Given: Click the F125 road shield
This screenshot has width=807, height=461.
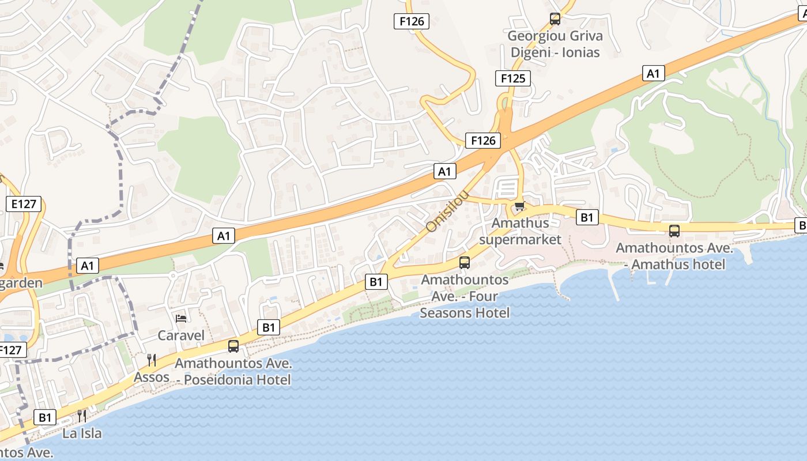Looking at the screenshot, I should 512,78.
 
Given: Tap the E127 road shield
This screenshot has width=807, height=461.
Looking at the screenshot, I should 24,204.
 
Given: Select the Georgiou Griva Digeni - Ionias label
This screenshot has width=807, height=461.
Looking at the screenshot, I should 555,44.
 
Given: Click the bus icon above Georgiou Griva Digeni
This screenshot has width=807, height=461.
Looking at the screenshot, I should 555,19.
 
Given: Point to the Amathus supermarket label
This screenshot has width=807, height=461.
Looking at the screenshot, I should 520,231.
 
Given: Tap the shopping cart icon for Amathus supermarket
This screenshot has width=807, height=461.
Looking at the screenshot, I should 519,206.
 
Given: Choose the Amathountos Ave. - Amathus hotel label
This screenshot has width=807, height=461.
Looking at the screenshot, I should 674,256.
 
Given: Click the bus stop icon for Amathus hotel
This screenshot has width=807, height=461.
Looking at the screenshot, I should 674,231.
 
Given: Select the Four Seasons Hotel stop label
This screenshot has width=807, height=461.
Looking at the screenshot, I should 465,296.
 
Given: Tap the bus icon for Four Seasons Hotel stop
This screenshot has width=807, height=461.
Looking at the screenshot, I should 465,263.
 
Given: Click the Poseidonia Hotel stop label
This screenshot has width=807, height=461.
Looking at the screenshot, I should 233,372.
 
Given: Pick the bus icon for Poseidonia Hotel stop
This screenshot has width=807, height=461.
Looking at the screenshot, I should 233,346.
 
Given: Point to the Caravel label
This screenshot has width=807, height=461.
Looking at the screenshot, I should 181,335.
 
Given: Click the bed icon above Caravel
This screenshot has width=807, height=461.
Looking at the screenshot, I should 181,318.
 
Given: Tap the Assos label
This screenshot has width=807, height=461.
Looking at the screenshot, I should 152,377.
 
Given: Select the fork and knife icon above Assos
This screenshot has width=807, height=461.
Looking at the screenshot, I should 152,360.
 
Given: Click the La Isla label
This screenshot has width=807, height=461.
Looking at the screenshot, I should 82,433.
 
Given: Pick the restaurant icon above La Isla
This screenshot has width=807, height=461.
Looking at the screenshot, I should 82,416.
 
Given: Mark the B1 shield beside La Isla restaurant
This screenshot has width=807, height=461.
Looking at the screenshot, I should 45,417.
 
